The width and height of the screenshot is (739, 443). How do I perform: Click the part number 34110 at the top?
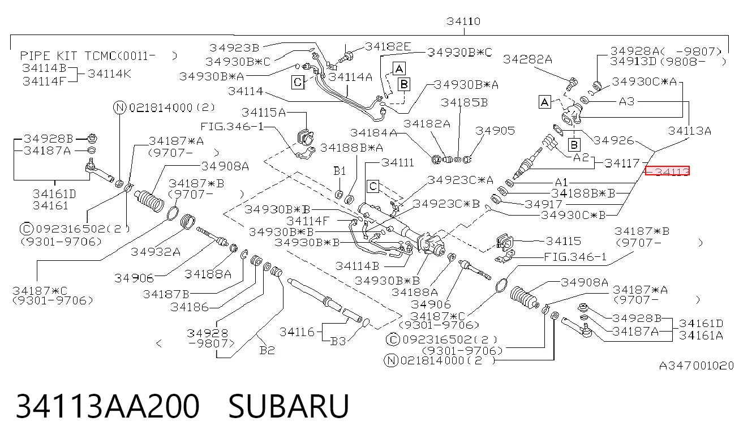point(463,21)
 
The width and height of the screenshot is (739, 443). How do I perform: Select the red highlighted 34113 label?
point(667,171)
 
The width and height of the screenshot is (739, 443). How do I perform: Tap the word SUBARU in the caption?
point(289,406)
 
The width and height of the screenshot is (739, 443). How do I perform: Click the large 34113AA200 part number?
point(108,406)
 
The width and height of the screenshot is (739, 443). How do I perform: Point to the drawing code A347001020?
point(697,365)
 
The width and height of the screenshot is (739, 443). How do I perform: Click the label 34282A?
point(527,59)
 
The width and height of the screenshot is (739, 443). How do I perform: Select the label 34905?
point(495,131)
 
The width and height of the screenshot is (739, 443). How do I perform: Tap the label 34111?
point(398,162)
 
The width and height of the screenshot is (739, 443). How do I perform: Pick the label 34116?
point(297,332)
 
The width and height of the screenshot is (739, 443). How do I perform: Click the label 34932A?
point(156,252)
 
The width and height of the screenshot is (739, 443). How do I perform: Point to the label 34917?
point(543,204)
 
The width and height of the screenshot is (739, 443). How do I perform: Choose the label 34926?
point(613,140)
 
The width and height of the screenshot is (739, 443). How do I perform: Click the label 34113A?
point(690,131)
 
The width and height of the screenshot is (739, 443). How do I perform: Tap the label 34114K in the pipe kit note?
point(109,74)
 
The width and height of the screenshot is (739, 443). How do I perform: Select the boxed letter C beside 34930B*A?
point(298,82)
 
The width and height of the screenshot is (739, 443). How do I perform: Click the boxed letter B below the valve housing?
point(574,145)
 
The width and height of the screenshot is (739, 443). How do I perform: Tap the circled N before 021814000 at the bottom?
point(391,360)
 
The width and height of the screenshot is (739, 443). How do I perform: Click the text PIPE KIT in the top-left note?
point(49,56)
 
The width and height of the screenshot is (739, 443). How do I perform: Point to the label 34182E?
point(388,46)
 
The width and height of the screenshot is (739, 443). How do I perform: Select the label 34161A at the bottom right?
point(701,336)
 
